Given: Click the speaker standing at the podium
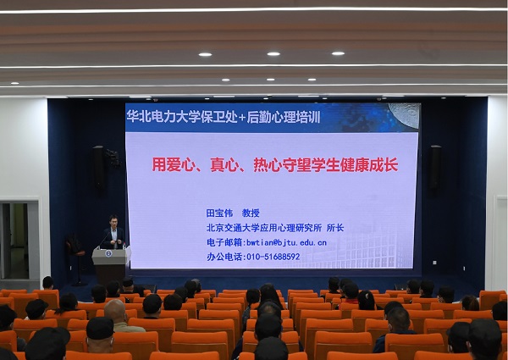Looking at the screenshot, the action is pos(113,233).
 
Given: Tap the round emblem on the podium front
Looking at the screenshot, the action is pos(108,253).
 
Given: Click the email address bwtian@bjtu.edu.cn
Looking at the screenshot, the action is pos(286,243).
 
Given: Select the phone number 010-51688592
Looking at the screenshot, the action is pos(273,257).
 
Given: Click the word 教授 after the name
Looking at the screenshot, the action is pos(251,213).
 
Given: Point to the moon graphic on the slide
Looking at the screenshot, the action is pos(404,114).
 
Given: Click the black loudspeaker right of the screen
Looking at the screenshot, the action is pos(435,168).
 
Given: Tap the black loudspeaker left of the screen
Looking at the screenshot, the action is pos(98,168).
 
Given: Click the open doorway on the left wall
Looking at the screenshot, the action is pos(14,241).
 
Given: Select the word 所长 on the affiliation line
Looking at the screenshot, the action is pos(335,228).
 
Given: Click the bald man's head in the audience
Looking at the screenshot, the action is pos(114,310).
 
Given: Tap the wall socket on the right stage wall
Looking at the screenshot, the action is pos(434,263).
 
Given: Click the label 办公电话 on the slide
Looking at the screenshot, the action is pos(224,257).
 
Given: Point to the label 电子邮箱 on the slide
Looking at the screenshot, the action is pos(224,243).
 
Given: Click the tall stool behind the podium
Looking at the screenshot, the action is pos(76,259).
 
